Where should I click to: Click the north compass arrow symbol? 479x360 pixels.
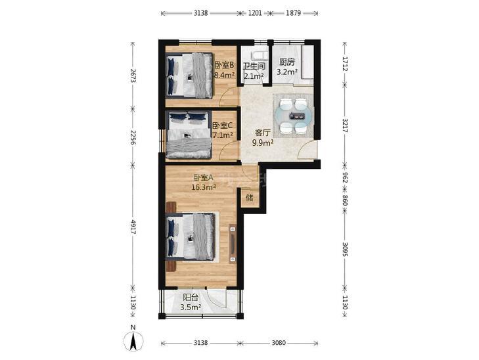(133, 342)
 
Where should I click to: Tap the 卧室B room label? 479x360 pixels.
(224, 65)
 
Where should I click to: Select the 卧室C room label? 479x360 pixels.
(222, 125)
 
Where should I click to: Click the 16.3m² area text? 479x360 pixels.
(204, 187)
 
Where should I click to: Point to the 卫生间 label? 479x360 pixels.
(254, 66)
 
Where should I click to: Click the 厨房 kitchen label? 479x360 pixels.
(287, 62)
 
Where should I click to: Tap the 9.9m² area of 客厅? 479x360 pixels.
(262, 143)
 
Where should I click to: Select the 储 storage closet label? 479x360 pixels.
(250, 198)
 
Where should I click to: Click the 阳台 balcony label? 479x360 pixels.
(191, 298)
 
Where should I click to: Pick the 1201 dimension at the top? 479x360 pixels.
(255, 13)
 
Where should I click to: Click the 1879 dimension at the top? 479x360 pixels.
(293, 13)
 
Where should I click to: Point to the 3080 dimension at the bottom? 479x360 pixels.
(279, 343)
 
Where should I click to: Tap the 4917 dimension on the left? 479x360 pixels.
(133, 227)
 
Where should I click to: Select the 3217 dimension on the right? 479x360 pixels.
(345, 125)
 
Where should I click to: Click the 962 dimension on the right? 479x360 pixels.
(345, 178)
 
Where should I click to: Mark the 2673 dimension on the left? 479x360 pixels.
(133, 76)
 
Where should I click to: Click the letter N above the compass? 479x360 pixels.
(133, 327)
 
